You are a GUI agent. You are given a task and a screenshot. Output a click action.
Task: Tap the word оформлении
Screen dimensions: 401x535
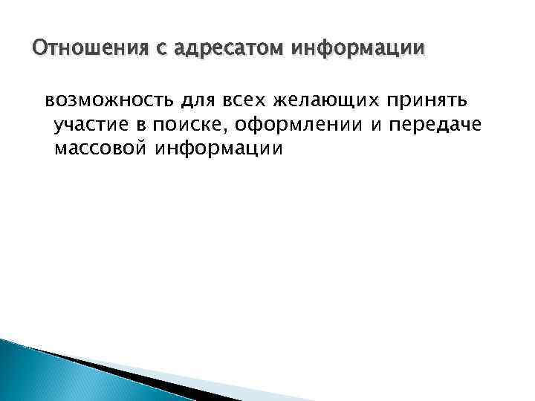[273, 124]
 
